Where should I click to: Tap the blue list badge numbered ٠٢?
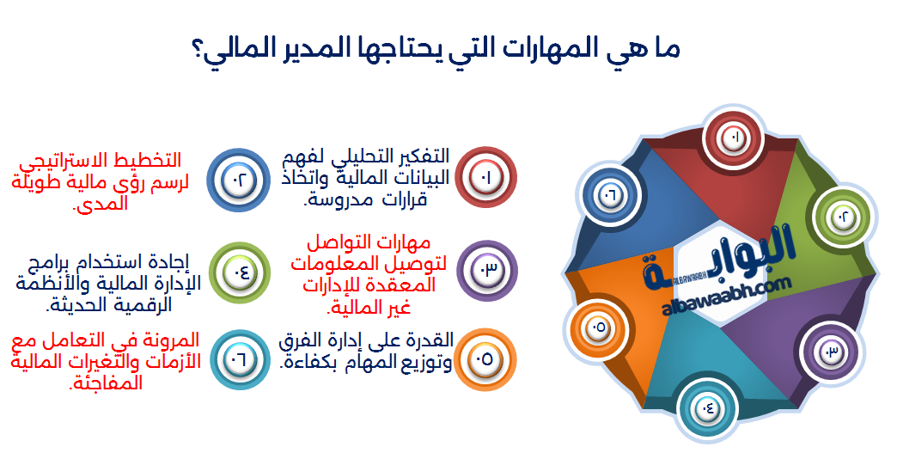pyautogui.click(x=239, y=180)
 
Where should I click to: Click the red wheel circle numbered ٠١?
pyautogui.click(x=735, y=138)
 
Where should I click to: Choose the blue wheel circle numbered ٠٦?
pyautogui.click(x=608, y=194)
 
